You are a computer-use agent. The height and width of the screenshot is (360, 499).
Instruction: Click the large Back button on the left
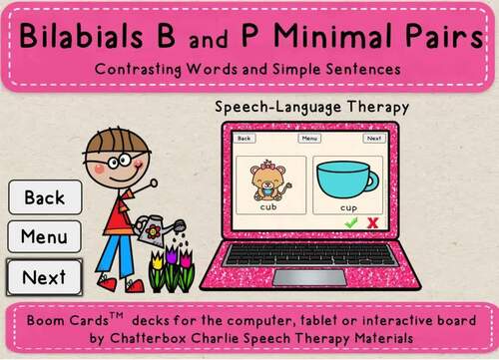44,197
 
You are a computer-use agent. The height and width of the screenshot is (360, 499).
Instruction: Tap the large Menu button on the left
44,237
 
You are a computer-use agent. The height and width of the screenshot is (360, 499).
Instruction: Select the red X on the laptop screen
372,224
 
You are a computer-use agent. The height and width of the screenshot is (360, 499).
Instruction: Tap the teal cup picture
348,179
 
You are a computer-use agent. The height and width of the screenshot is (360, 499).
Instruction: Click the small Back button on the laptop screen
244,140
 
